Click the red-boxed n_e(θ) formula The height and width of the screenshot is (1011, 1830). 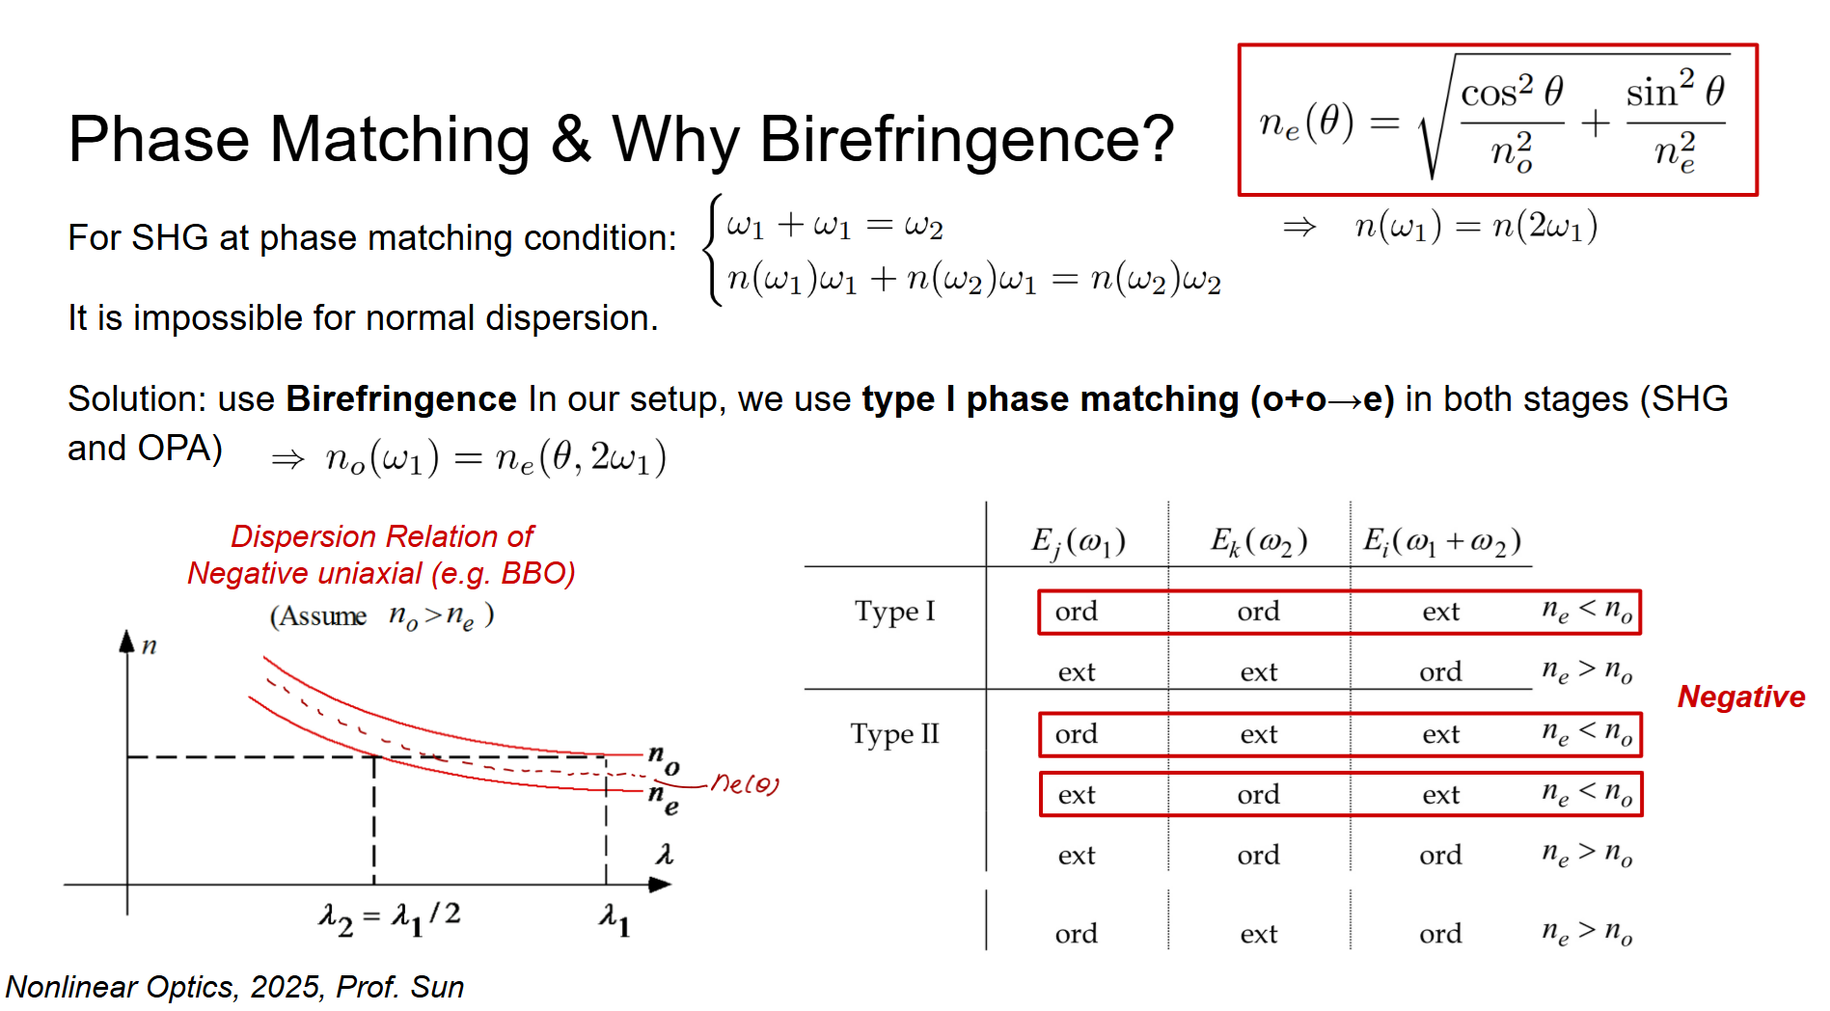pos(1497,120)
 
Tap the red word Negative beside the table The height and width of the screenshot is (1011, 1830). pos(1741,697)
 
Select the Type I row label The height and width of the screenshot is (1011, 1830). pos(895,611)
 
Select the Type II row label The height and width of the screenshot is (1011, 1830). pos(894,734)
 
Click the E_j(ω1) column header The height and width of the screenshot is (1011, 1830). pos(1078,542)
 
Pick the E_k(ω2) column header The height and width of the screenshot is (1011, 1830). pos(1259,542)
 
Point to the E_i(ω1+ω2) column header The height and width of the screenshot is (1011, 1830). pos(1442,542)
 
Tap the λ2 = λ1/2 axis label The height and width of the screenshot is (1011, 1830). pos(390,917)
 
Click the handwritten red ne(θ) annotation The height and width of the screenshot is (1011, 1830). pos(745,783)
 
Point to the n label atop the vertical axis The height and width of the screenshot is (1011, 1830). pos(149,645)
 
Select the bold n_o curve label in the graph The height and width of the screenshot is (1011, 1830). pos(664,758)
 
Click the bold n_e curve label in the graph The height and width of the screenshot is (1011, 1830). pos(664,800)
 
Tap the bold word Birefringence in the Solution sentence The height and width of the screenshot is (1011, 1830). pos(401,399)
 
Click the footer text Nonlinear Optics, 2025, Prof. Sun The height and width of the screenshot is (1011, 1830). pos(234,987)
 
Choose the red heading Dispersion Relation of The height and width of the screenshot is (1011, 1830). pos(382,536)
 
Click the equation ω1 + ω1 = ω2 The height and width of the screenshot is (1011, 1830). pos(834,226)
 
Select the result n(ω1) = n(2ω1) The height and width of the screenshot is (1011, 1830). pos(1476,226)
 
